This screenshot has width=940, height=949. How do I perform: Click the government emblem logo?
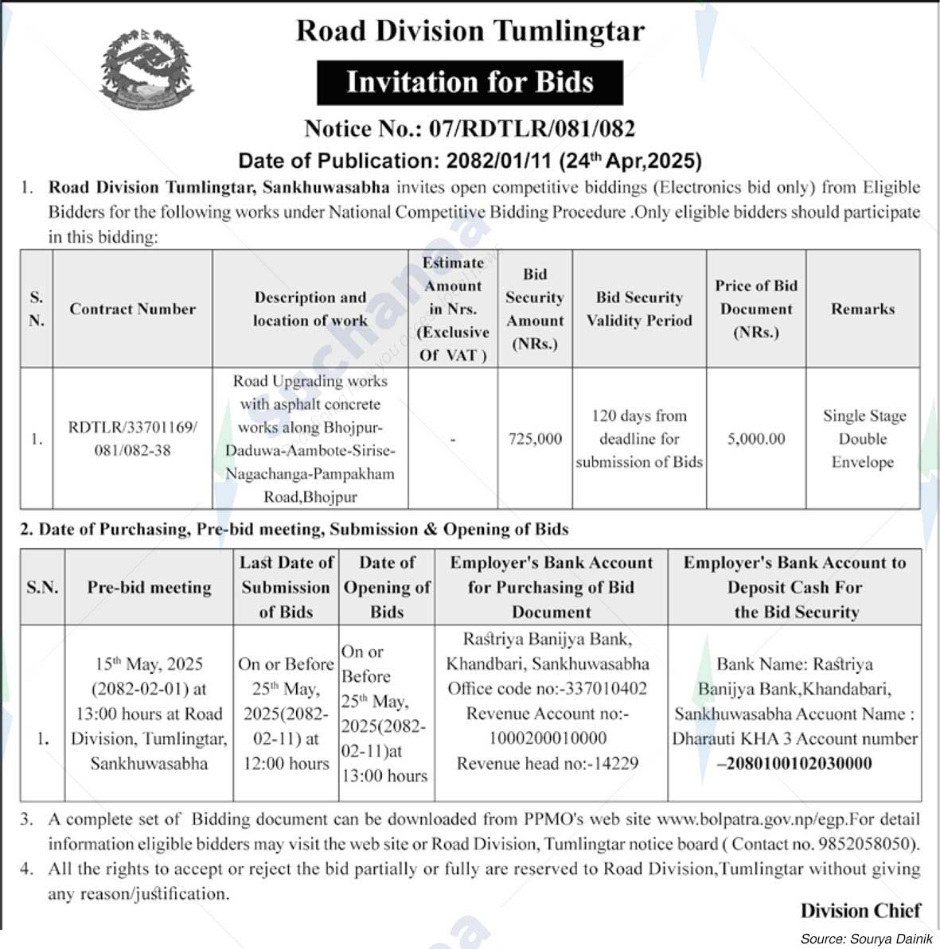(146, 72)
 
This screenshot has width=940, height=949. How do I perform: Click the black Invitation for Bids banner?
(470, 83)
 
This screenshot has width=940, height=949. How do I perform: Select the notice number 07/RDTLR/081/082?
(532, 129)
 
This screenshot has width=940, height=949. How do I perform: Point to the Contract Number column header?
(132, 309)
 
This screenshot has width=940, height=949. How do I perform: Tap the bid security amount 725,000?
(535, 438)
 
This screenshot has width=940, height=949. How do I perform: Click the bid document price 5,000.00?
(756, 438)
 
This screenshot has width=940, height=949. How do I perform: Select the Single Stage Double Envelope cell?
(864, 438)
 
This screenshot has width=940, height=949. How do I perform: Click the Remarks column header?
(863, 309)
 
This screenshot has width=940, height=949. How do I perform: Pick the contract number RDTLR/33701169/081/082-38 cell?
(132, 438)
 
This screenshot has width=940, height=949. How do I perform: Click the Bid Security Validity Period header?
(639, 309)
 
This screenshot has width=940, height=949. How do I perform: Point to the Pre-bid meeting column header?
(149, 587)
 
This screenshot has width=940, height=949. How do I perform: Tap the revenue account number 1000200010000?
(548, 738)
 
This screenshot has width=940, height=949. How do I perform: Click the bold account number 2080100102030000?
(795, 764)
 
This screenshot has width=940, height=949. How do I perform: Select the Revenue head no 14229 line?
(548, 764)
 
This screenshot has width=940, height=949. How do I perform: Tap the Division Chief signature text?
(860, 911)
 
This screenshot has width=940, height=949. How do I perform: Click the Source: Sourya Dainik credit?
(866, 939)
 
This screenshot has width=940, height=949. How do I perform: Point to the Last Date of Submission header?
(287, 587)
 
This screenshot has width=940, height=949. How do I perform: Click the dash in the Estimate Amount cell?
(453, 439)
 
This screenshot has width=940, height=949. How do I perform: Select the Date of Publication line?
(470, 161)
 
